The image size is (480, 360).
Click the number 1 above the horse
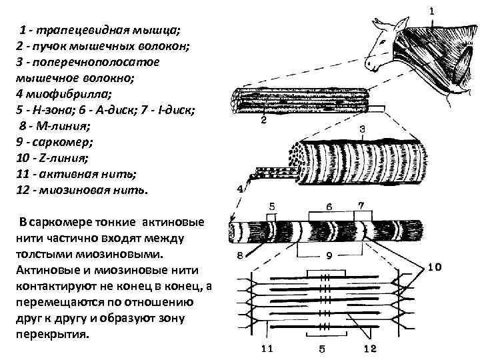[431, 11]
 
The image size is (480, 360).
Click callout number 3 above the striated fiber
[362, 128]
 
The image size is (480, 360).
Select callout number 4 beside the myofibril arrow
[240, 189]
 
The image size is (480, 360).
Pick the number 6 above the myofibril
[328, 206]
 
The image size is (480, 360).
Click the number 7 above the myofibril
[361, 205]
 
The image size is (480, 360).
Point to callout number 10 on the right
[434, 268]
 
